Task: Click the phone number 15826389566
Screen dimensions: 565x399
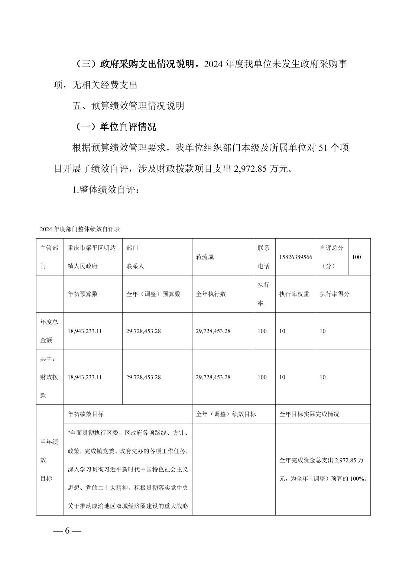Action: click(x=296, y=257)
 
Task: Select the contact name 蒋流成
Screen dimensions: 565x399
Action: click(x=205, y=257)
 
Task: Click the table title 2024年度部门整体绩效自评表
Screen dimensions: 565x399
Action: click(x=80, y=229)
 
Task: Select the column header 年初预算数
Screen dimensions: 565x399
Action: click(x=82, y=294)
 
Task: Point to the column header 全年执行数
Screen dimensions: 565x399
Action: click(x=211, y=294)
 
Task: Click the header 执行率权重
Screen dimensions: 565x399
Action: click(x=294, y=294)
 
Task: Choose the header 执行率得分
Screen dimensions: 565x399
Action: click(x=334, y=294)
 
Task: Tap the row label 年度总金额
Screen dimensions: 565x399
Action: click(x=49, y=331)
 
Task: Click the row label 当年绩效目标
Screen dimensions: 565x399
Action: click(x=49, y=460)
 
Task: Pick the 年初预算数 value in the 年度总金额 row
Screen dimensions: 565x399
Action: click(x=85, y=331)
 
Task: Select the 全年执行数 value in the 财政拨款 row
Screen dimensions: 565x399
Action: click(x=213, y=377)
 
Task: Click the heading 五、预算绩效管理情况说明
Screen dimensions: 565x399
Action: click(x=128, y=106)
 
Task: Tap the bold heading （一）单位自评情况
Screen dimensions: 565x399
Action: click(x=114, y=127)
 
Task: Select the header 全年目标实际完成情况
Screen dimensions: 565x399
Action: click(x=309, y=414)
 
